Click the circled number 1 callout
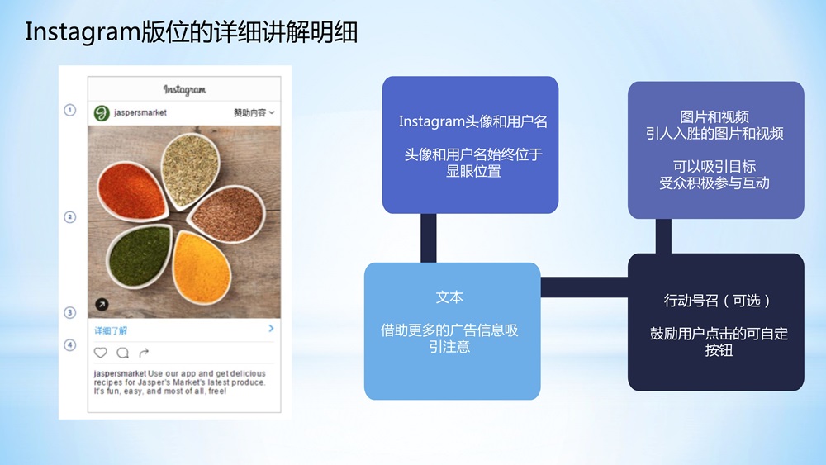tap(69, 110)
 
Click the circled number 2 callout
tap(69, 217)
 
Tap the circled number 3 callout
tap(69, 312)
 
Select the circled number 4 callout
tap(69, 345)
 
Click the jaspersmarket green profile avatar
tap(102, 112)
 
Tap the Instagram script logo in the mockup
tap(184, 89)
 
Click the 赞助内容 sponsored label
tap(249, 112)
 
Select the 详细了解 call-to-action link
tap(111, 330)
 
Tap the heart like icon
tap(101, 353)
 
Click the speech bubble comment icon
tap(123, 353)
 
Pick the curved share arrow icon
tap(144, 353)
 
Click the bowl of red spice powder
tap(131, 191)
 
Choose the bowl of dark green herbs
tap(139, 257)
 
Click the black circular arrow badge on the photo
tap(102, 305)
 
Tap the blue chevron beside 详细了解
tap(271, 329)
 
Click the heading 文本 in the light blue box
tap(449, 297)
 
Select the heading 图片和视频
tap(714, 117)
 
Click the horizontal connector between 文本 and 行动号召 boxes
tap(584, 287)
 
